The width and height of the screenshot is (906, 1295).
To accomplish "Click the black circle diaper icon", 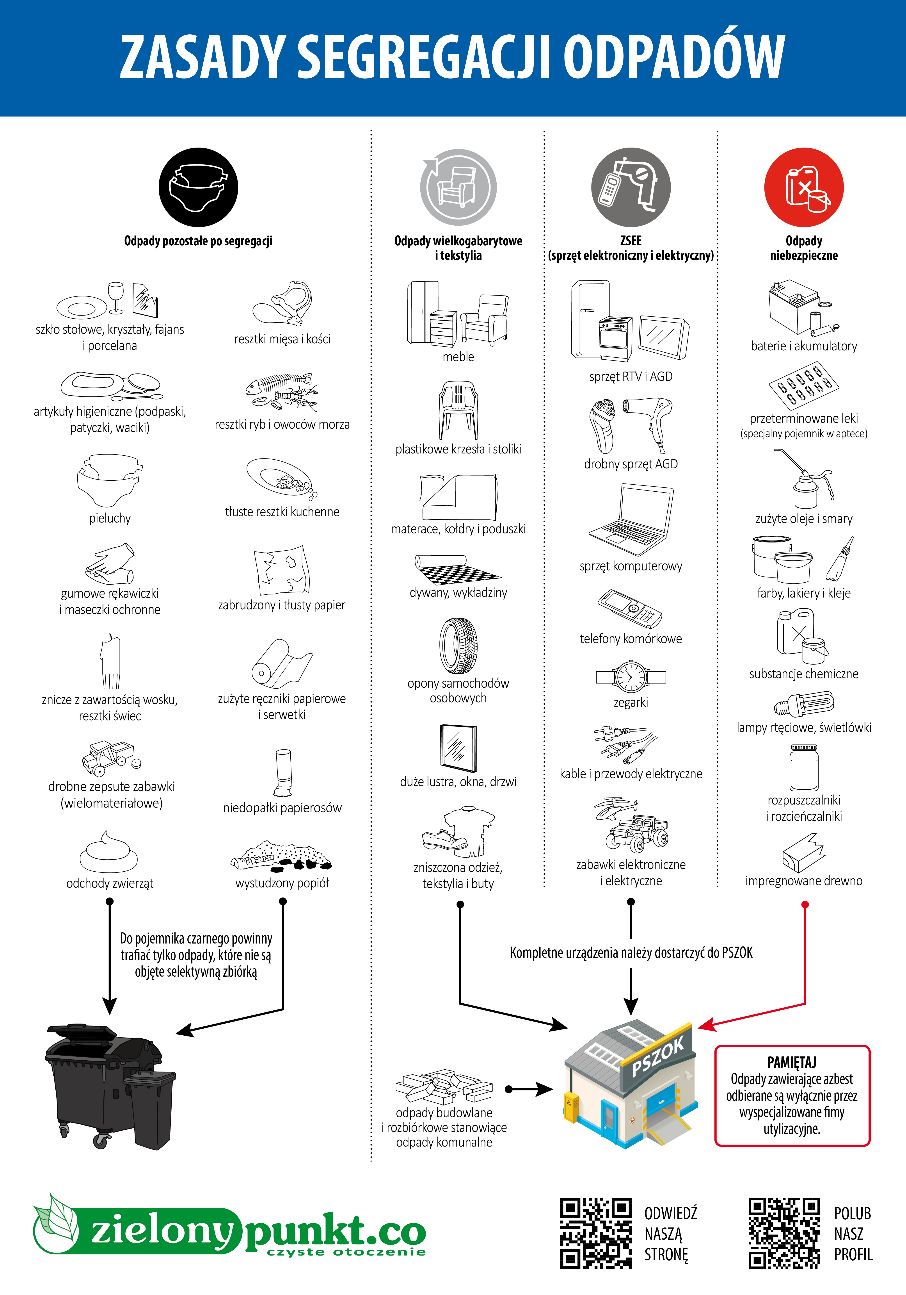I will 198,187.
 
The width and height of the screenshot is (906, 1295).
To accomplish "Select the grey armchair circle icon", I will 458,187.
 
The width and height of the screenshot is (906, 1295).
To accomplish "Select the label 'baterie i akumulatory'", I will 803,346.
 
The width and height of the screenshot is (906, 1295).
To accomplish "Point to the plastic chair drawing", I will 458,409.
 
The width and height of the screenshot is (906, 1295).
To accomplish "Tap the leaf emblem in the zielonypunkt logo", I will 56,1224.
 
